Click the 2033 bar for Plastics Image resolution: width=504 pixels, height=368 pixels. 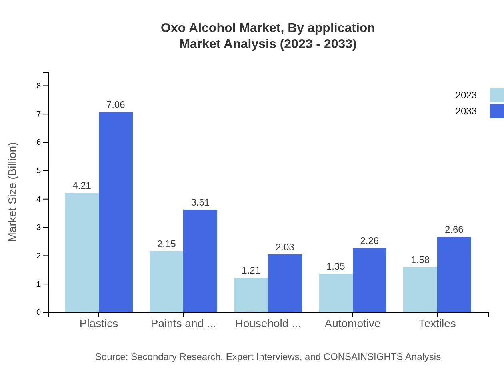click(116, 212)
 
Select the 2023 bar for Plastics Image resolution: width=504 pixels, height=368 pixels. click(82, 252)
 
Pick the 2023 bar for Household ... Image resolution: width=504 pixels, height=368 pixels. click(251, 295)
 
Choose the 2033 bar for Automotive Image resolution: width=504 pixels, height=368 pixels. click(369, 280)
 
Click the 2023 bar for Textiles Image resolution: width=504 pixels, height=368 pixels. click(420, 290)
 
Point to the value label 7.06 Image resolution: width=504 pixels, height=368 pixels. click(116, 105)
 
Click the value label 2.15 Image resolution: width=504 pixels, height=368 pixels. click(166, 244)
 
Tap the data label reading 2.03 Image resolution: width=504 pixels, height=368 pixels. click(285, 247)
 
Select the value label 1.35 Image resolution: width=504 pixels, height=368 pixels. click(335, 266)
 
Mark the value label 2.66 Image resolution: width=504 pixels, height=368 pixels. click(454, 230)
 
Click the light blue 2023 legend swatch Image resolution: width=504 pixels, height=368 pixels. click(496, 95)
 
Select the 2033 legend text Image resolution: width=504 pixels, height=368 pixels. click(466, 111)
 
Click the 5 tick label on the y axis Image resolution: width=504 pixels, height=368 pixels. click(38, 171)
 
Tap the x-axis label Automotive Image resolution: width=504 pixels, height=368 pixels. click(352, 323)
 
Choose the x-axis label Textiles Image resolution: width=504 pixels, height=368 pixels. click(437, 323)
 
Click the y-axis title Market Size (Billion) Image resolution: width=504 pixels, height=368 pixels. click(13, 192)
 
